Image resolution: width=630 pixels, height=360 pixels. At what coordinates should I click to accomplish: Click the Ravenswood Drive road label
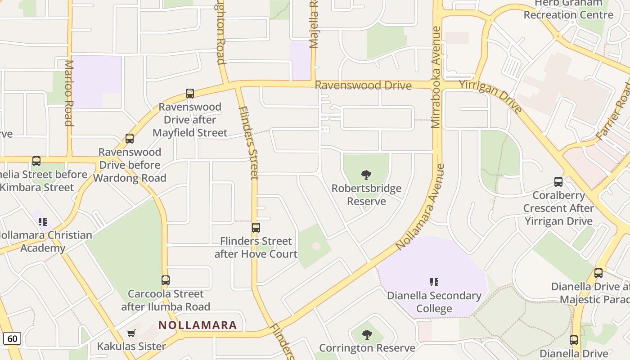pyautogui.click(x=363, y=85)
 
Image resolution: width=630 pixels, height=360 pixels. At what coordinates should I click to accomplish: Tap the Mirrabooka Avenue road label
pyautogui.click(x=436, y=77)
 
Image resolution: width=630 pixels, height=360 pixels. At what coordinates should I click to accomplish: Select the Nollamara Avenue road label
pyautogui.click(x=420, y=207)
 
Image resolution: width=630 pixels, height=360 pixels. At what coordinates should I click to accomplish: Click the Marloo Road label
pyautogui.click(x=68, y=93)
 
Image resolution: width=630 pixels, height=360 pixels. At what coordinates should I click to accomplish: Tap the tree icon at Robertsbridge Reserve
pyautogui.click(x=366, y=175)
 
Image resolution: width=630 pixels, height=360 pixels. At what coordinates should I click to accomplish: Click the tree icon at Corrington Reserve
pyautogui.click(x=367, y=335)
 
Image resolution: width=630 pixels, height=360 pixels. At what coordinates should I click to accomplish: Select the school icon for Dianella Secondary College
pyautogui.click(x=434, y=282)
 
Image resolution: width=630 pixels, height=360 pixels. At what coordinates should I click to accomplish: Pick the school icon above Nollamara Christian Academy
pyautogui.click(x=43, y=221)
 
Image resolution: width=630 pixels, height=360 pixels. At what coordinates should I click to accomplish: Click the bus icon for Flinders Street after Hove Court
pyautogui.click(x=256, y=228)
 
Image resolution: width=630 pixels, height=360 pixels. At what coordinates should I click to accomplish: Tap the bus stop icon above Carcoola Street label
pyautogui.click(x=166, y=280)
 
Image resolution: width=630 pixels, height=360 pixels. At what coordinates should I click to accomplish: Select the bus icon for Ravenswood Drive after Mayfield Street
pyautogui.click(x=190, y=94)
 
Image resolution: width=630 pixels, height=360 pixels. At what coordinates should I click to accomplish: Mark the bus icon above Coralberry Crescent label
pyautogui.click(x=558, y=182)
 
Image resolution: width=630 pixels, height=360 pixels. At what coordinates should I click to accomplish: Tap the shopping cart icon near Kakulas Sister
pyautogui.click(x=131, y=333)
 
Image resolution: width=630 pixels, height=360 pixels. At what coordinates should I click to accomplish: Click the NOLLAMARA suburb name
pyautogui.click(x=198, y=325)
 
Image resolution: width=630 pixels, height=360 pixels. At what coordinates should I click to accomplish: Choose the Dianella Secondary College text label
pyautogui.click(x=434, y=302)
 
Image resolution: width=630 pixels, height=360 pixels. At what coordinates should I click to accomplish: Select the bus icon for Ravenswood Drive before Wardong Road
pyautogui.click(x=130, y=139)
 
